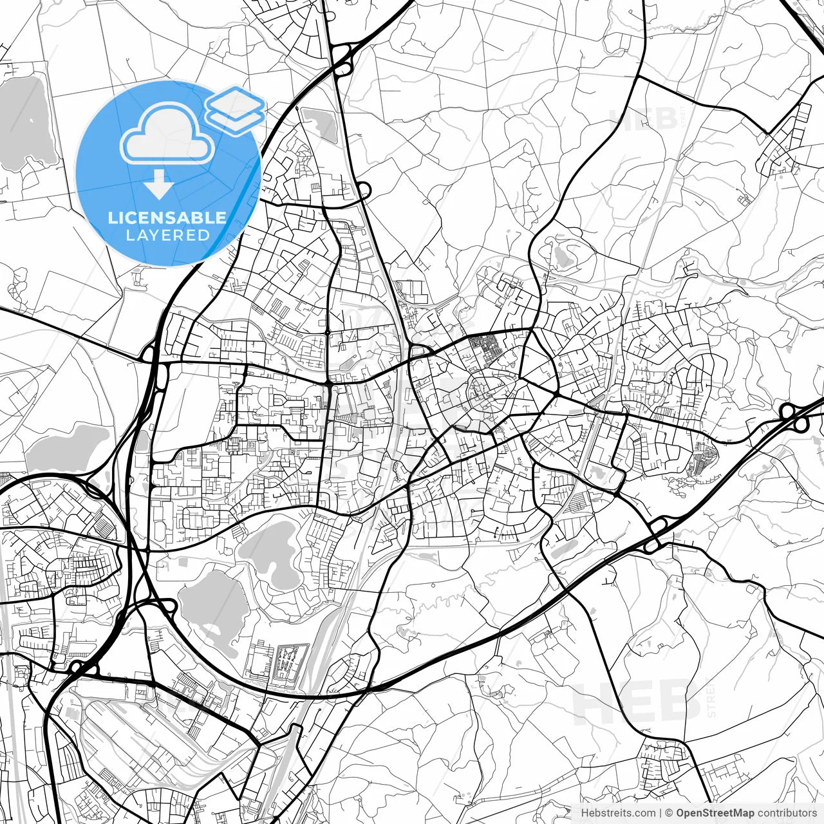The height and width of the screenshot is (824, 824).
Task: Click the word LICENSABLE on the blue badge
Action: [167, 218]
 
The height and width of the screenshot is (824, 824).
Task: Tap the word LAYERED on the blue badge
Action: [167, 236]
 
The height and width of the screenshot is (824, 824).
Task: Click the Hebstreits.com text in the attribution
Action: [618, 813]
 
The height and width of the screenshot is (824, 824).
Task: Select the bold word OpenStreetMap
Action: [714, 813]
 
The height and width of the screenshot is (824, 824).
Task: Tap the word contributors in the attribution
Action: [786, 813]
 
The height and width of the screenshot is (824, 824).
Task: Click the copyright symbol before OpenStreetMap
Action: [669, 813]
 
